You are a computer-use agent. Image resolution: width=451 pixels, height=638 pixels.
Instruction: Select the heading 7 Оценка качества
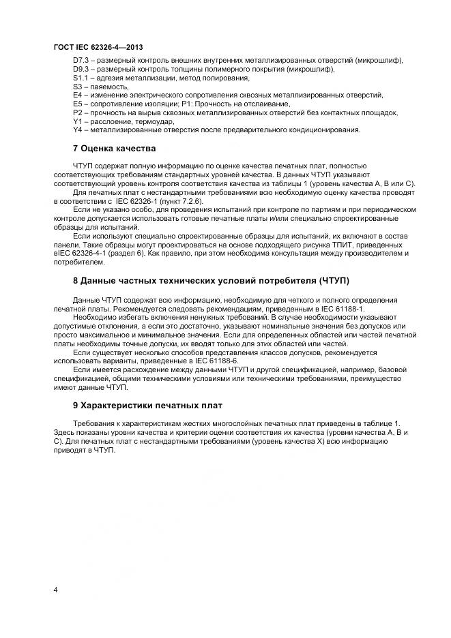tap(115, 148)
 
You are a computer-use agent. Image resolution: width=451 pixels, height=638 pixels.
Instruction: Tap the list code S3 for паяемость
tap(77, 87)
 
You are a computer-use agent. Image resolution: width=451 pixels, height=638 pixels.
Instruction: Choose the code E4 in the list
tap(77, 95)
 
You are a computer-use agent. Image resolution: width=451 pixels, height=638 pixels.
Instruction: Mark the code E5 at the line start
tap(77, 104)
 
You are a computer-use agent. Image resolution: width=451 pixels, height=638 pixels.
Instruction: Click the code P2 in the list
tap(77, 112)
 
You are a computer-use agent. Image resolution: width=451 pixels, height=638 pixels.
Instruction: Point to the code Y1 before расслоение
tap(77, 121)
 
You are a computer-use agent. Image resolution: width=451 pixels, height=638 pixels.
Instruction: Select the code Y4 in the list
tap(77, 129)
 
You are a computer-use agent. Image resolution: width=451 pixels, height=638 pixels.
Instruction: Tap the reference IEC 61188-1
tap(343, 309)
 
